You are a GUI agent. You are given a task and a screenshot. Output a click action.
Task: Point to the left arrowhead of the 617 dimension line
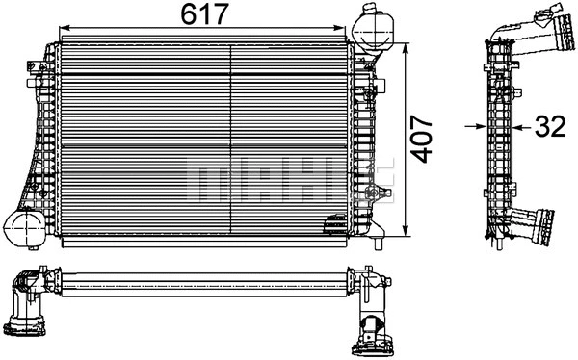pos(65,30)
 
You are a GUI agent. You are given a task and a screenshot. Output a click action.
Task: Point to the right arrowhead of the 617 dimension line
pos(339,30)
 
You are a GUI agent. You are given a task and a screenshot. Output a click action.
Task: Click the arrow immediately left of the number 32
pos(521,125)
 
